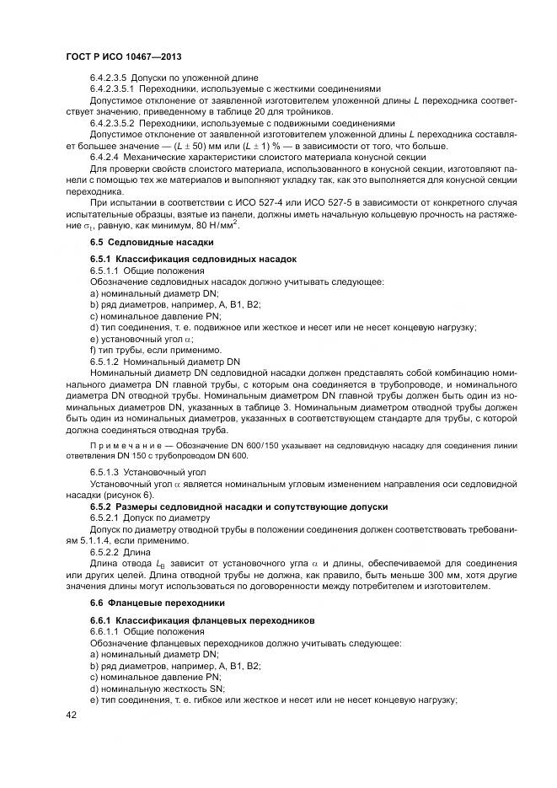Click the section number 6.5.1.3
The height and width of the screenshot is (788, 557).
[x=107, y=473]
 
